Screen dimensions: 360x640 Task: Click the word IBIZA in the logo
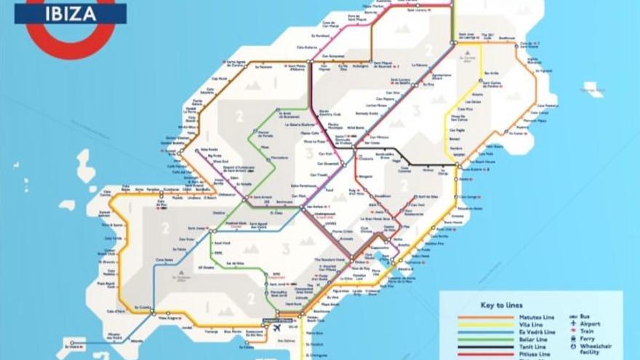pyautogui.click(x=70, y=13)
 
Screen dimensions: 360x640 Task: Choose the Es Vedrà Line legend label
pyautogui.click(x=538, y=332)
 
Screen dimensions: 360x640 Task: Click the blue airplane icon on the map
pyautogui.click(x=277, y=327)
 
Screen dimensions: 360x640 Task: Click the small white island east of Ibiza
pyautogui.click(x=593, y=89)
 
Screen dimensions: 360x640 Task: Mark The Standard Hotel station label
pyautogui.click(x=328, y=260)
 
